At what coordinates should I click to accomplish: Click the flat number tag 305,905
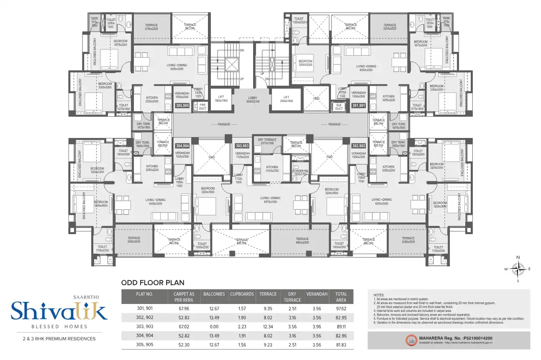tap(183, 106)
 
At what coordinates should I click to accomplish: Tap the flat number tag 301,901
tap(359, 106)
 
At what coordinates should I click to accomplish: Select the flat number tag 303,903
tap(242, 146)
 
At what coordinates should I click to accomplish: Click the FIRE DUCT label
tap(203, 107)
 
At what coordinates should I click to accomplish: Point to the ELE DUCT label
tap(339, 107)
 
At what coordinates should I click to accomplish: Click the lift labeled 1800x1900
tap(221, 99)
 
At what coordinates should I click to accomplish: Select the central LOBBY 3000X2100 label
tap(252, 99)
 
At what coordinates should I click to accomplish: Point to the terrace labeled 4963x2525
tap(299, 240)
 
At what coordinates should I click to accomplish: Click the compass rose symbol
tap(518, 269)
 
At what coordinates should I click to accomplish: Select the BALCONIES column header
tap(214, 294)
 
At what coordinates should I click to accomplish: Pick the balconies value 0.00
tap(214, 327)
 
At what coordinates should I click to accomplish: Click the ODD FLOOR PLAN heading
tap(153, 283)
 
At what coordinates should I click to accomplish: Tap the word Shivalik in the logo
tap(59, 311)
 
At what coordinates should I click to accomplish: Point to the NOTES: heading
tap(378, 295)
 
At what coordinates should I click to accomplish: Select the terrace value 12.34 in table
tap(268, 327)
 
